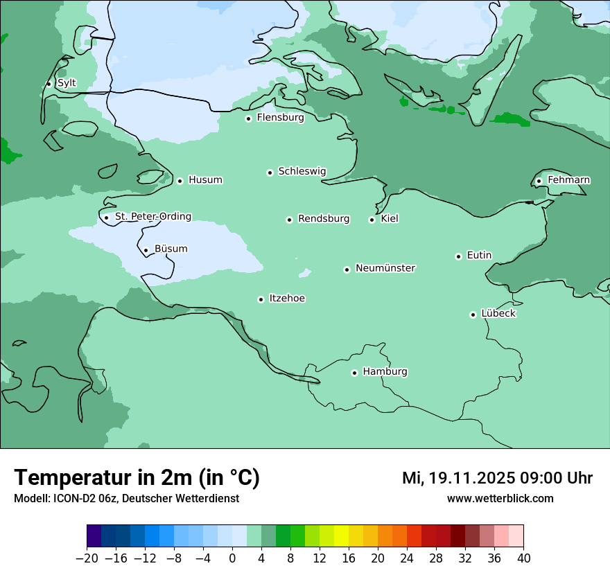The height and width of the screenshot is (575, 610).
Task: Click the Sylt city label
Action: pyautogui.click(x=67, y=83)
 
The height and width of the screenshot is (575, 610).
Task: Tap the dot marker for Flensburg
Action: pyautogui.click(x=248, y=118)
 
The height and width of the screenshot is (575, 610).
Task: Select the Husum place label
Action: pyautogui.click(x=205, y=180)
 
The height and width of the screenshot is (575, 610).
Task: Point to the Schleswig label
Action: pyautogui.click(x=302, y=171)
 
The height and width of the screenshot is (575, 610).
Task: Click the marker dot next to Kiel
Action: pyautogui.click(x=372, y=220)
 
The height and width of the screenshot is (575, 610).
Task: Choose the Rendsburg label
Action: pyautogui.click(x=324, y=219)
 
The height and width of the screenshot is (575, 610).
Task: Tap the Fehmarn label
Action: pyautogui.click(x=568, y=180)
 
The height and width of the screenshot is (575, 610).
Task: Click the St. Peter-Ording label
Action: pyautogui.click(x=152, y=216)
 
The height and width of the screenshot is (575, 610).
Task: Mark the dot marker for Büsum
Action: pyautogui.click(x=146, y=250)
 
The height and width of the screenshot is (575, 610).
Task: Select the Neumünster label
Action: pyautogui.click(x=385, y=268)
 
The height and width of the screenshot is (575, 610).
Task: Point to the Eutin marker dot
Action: pyautogui.click(x=458, y=256)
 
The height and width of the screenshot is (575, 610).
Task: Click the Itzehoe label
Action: pyautogui.click(x=287, y=299)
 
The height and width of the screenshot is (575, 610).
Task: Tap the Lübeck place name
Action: pyautogui.click(x=498, y=313)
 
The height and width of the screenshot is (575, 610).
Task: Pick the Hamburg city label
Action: pyautogui.click(x=385, y=371)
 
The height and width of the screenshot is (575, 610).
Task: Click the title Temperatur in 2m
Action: pyautogui.click(x=137, y=477)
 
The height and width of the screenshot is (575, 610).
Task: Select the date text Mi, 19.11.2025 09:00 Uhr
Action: pyautogui.click(x=497, y=478)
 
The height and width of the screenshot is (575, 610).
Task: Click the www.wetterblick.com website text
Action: pyautogui.click(x=500, y=498)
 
